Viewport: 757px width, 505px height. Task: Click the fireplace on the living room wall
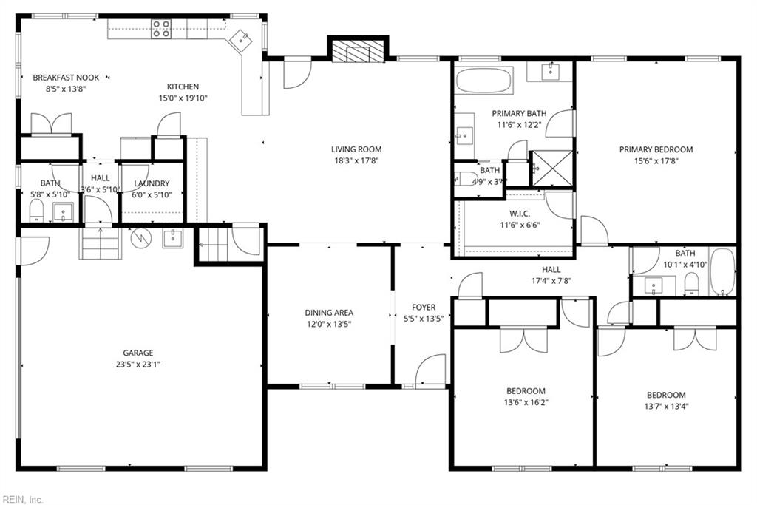pos(358,51)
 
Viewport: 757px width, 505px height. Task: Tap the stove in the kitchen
pos(161,29)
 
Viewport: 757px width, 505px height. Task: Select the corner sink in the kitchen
pos(242,39)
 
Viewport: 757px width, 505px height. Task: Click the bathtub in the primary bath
pos(483,80)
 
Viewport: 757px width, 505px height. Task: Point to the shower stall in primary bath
pos(552,168)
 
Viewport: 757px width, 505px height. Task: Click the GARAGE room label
pos(138,353)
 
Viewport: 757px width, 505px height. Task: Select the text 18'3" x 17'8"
pos(356,160)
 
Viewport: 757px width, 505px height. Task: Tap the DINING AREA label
pos(329,312)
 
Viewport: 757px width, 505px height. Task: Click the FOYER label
pos(424,307)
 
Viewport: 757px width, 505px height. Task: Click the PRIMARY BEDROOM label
pos(656,149)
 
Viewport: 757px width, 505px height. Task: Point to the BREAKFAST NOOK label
pos(66,77)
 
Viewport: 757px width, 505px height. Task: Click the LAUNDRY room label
pos(152,183)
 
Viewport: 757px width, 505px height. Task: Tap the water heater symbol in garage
pos(140,238)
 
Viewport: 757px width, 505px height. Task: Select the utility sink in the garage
pos(172,238)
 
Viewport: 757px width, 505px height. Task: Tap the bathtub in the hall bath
pos(722,271)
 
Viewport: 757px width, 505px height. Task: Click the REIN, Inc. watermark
pos(23,499)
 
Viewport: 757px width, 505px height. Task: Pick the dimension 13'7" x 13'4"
pos(666,406)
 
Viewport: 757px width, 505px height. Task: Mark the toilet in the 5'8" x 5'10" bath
pos(36,212)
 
